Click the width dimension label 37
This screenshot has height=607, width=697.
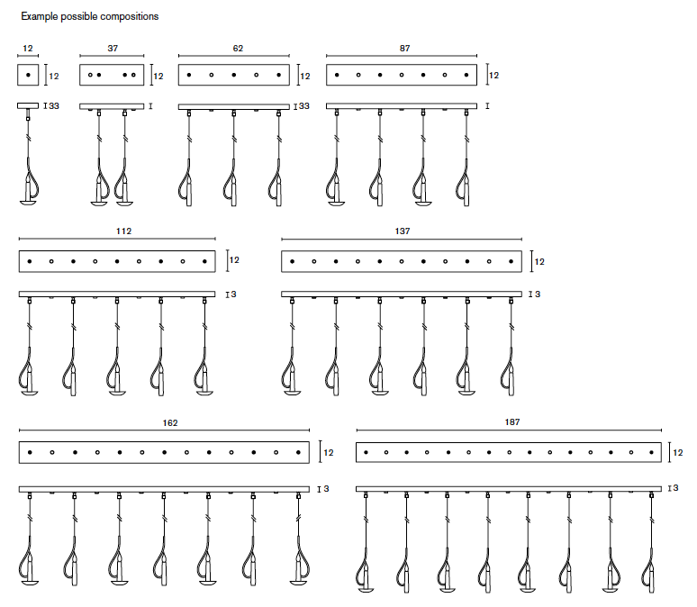112,48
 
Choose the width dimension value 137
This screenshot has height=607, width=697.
402,231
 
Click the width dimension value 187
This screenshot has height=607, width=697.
513,422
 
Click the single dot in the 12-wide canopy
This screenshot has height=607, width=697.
28,75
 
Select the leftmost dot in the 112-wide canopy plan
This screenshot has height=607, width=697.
30,261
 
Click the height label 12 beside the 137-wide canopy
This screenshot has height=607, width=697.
539,262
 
